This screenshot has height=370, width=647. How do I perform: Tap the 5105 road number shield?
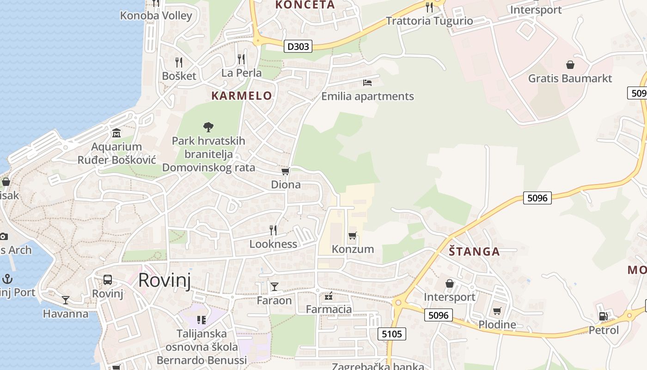tap(391, 334)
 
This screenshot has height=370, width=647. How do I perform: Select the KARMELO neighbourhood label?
tap(241, 96)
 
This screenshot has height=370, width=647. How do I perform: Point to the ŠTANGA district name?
tap(474, 252)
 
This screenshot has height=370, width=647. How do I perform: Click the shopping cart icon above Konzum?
tap(353, 236)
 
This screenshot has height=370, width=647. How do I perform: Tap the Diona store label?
tap(286, 185)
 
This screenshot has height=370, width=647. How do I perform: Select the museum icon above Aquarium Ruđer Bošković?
tap(116, 133)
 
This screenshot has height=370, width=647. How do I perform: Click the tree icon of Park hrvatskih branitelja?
tap(208, 126)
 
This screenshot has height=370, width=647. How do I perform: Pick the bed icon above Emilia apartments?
tap(367, 83)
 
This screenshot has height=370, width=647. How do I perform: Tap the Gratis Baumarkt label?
tap(570, 78)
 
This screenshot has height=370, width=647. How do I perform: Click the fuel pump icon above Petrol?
tap(603, 316)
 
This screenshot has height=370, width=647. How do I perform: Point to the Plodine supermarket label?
tap(497, 324)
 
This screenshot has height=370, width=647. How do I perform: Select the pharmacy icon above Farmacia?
tap(329, 296)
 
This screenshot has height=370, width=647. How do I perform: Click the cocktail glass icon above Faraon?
tap(275, 287)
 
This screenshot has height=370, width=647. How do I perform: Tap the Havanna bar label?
tap(66, 314)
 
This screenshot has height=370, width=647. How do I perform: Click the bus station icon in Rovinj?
tap(108, 280)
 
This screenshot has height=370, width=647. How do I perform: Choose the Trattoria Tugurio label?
tap(429, 21)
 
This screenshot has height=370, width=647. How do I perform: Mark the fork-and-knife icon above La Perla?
tap(241, 59)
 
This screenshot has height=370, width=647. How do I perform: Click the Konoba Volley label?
tap(156, 15)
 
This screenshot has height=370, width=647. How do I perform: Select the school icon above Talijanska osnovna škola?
tap(201, 320)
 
